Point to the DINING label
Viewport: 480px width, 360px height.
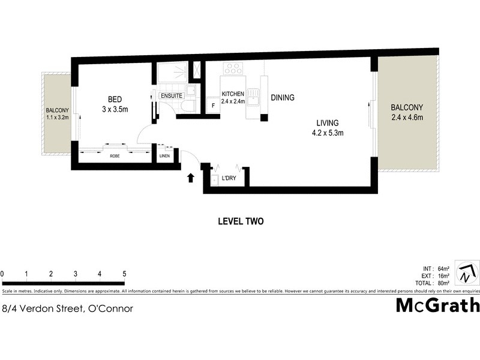282,98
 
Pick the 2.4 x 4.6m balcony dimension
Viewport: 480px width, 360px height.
407,118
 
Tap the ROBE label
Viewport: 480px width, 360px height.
114,157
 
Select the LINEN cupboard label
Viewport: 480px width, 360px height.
165,157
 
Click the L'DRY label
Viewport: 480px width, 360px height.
228,179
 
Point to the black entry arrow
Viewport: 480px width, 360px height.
191,178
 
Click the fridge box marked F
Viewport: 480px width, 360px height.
212,106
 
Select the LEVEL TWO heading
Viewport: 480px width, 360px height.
240,221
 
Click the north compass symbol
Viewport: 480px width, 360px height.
466,274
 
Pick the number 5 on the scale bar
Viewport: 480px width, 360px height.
124,274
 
